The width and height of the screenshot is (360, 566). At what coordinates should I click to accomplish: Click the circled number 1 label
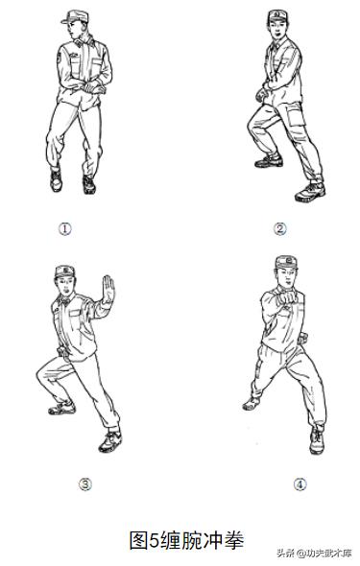tap(65, 228)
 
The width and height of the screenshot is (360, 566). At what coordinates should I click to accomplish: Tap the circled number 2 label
tap(279, 229)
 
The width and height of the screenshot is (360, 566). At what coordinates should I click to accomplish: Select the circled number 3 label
tap(85, 484)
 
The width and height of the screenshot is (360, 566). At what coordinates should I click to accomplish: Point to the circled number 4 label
tap(300, 484)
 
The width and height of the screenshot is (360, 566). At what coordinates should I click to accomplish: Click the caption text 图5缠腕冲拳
tap(186, 540)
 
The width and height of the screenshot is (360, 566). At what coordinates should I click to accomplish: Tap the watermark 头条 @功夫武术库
tap(314, 553)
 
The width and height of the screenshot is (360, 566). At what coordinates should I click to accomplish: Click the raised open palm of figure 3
tap(108, 290)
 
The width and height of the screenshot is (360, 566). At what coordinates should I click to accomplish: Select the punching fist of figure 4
tap(288, 297)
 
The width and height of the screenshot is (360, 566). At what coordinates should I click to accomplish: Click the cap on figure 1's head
tap(75, 16)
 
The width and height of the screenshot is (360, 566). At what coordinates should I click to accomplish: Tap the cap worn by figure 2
tap(277, 15)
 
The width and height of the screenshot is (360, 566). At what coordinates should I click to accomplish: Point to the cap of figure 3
tap(65, 271)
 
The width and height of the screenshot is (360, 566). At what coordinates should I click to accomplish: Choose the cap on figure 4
tap(286, 263)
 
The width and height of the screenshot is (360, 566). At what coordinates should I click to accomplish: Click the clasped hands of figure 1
tap(90, 87)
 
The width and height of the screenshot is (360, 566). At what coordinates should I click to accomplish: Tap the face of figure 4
tap(287, 277)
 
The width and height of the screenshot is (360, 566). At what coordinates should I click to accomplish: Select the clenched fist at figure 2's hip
tap(261, 95)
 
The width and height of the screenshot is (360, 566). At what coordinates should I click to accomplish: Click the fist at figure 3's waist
tap(62, 352)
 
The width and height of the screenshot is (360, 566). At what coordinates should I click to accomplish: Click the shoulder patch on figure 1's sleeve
tap(59, 57)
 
